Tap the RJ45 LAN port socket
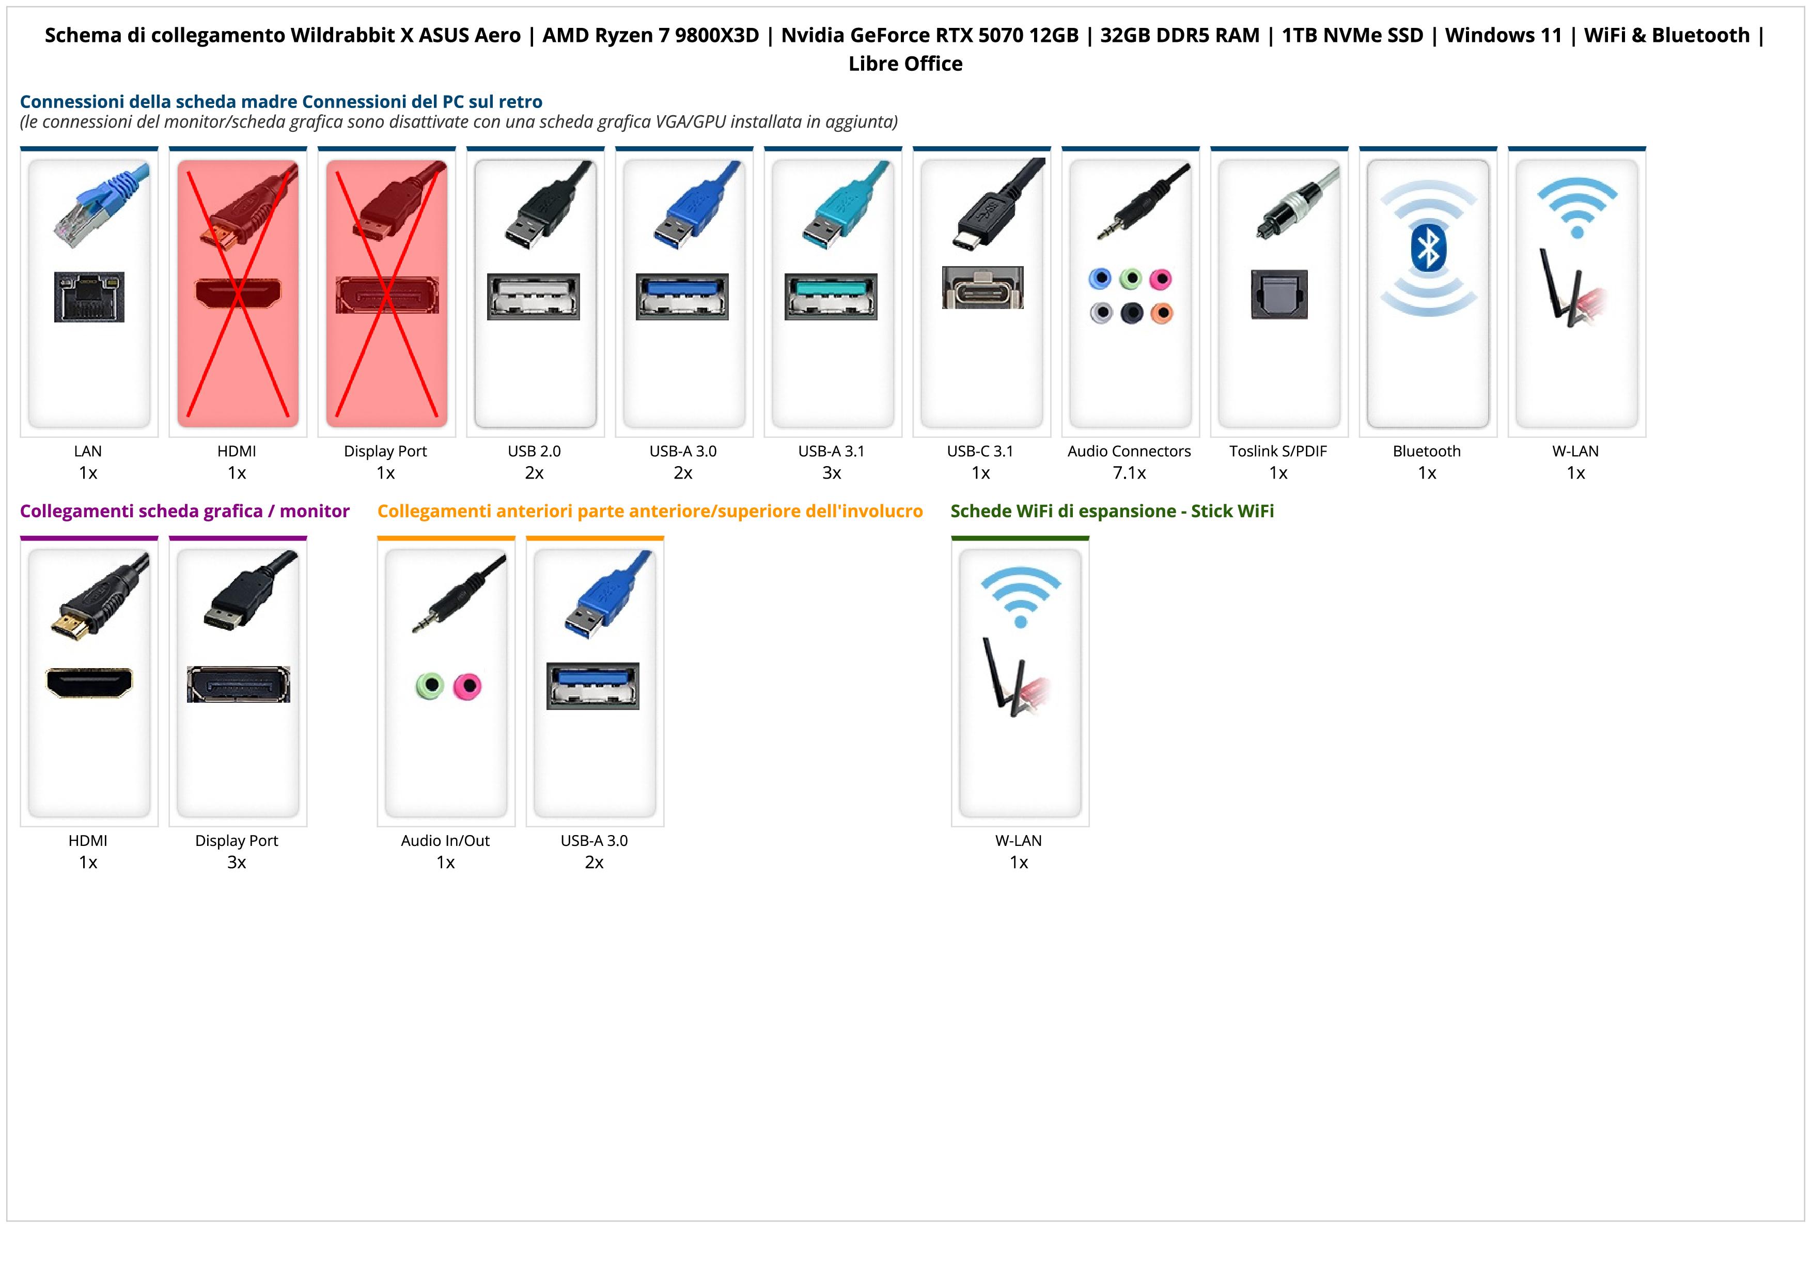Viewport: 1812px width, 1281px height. [89, 297]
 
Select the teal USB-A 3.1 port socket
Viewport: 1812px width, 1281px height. [831, 296]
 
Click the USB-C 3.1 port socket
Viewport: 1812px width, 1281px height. [982, 287]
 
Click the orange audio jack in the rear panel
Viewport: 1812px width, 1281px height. [1161, 313]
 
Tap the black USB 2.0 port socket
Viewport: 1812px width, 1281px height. [534, 296]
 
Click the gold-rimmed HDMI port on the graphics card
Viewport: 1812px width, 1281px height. [89, 683]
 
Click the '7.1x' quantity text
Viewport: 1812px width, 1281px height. [1129, 473]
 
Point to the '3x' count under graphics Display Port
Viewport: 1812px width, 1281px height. [237, 862]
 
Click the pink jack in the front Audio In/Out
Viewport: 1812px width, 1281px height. [467, 686]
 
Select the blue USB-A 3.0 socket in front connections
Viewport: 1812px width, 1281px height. [592, 685]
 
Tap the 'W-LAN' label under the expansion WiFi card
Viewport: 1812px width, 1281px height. [1018, 841]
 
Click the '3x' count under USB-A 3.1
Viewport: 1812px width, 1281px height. [832, 473]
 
